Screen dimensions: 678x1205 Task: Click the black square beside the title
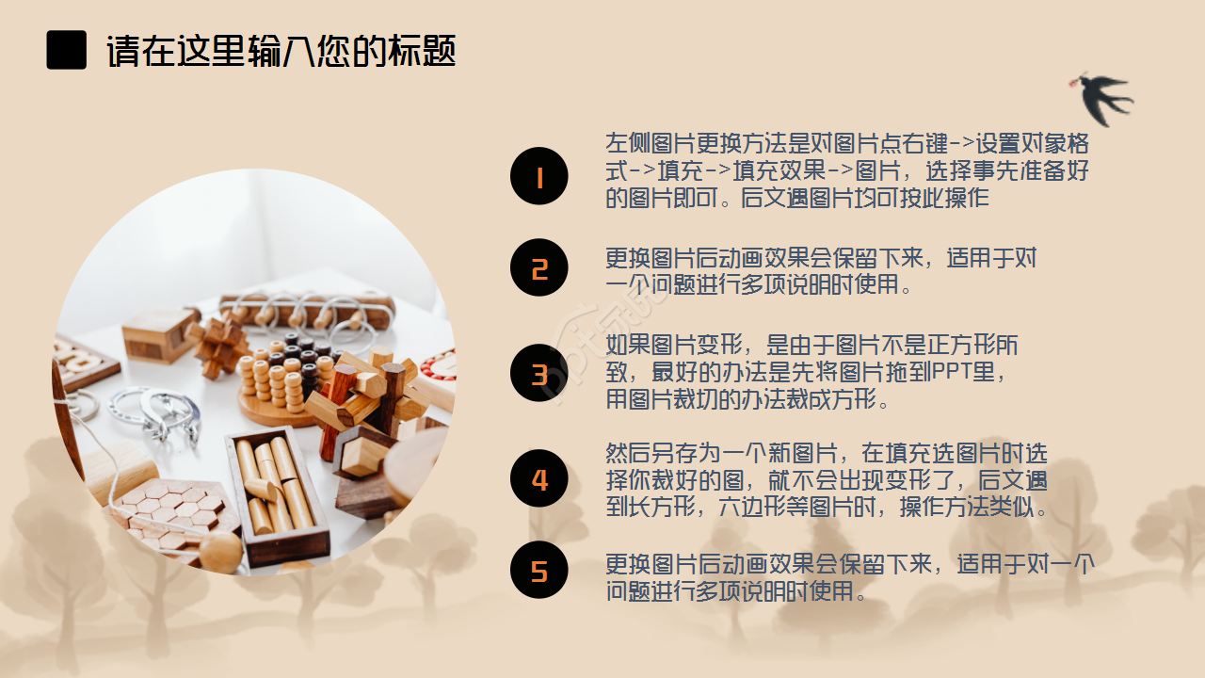coord(66,50)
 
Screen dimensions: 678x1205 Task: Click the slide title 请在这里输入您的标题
coord(281,51)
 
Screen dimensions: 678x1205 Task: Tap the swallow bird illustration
coord(1102,96)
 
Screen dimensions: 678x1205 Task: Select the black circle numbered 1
coord(539,176)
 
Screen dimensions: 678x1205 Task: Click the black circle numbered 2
coord(539,267)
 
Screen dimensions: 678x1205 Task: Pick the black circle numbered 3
coord(539,374)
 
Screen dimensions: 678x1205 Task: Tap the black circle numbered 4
coord(539,478)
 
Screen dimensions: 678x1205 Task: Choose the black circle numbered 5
coord(539,570)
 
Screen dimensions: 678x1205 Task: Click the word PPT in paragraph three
coord(952,372)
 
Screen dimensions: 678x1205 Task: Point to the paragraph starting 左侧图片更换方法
coord(847,171)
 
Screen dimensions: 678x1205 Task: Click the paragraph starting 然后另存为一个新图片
coord(827,480)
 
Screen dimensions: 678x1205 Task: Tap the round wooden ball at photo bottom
coord(220,552)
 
